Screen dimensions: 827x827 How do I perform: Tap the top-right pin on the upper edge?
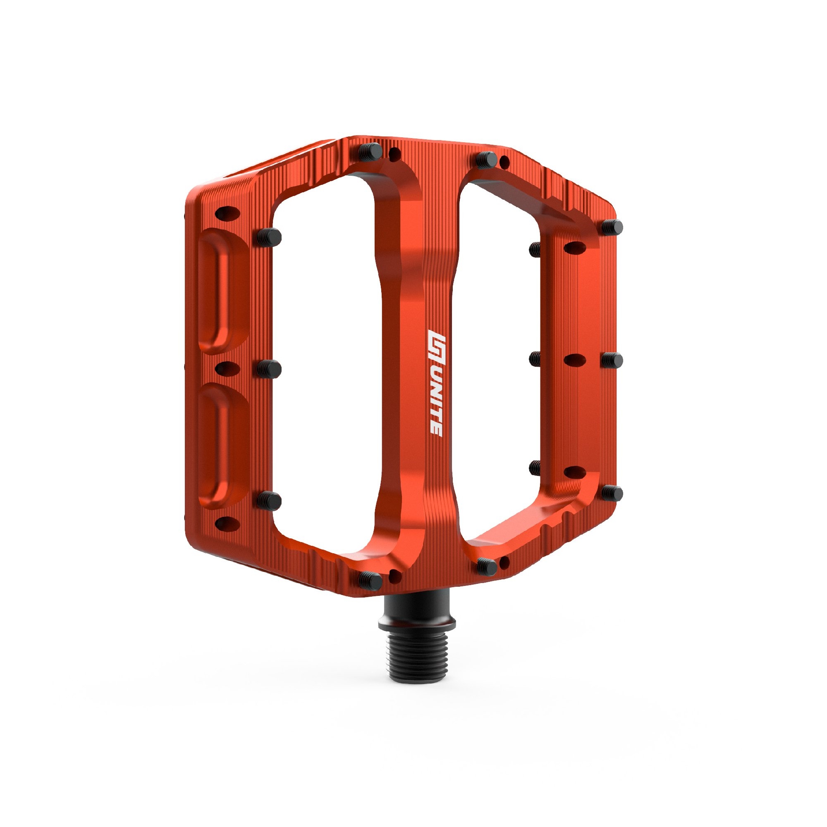(x=487, y=159)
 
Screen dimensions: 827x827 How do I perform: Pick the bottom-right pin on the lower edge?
(x=487, y=566)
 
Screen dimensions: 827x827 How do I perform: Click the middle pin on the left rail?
(x=269, y=368)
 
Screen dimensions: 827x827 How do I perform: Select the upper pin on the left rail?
(x=269, y=237)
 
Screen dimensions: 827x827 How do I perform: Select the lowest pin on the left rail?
(x=269, y=500)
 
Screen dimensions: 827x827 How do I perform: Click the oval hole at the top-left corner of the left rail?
(x=227, y=212)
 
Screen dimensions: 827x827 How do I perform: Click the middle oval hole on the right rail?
(x=575, y=360)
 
